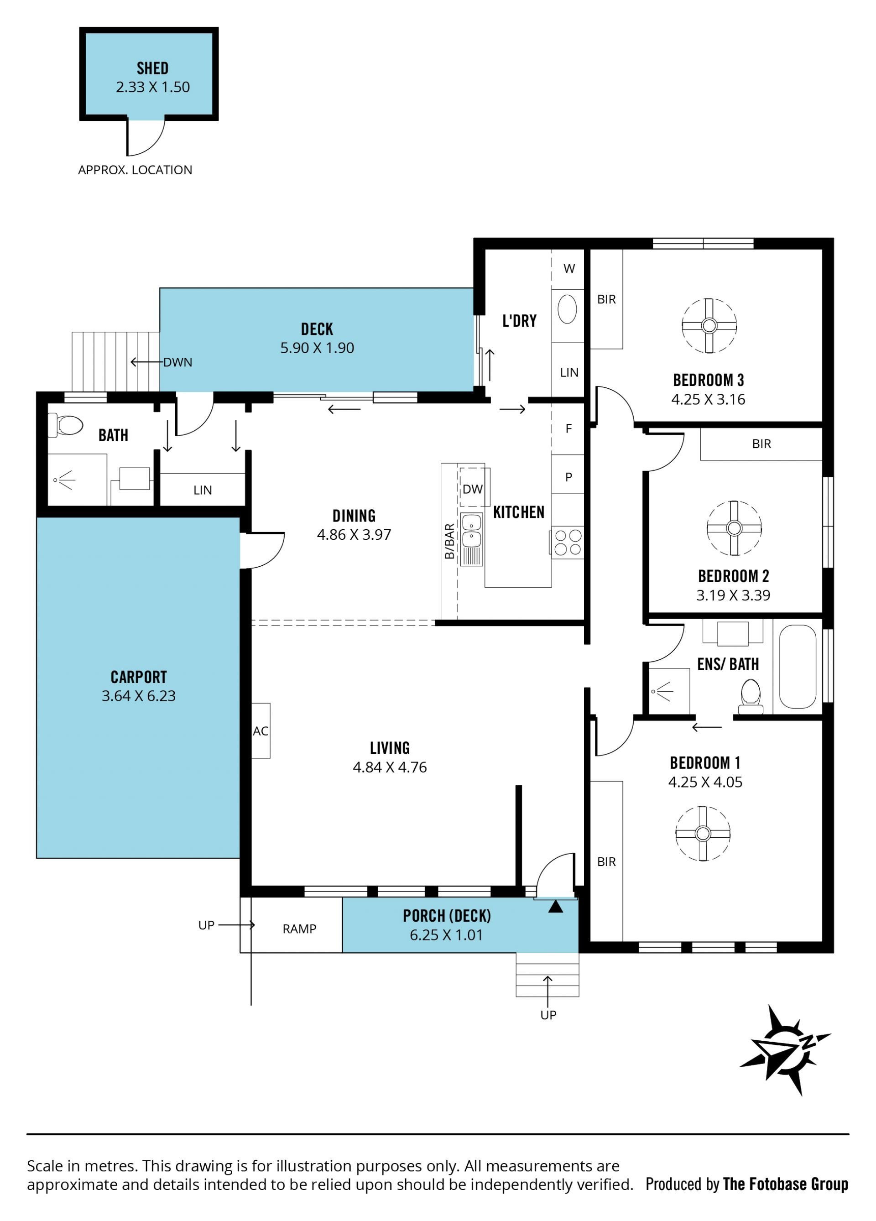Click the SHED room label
(152, 68)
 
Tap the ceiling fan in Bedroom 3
(709, 326)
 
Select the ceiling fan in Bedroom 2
(734, 528)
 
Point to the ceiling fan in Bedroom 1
(703, 833)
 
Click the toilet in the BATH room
(66, 425)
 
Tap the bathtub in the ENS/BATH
(798, 666)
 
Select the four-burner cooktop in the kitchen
(568, 542)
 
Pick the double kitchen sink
(472, 539)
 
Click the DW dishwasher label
(473, 489)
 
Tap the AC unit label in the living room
(261, 731)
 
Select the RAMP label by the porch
(299, 929)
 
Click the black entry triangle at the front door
(556, 907)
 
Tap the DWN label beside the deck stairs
(177, 362)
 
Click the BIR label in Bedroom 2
(762, 444)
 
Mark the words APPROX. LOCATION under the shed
(135, 170)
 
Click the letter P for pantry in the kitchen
(568, 477)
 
